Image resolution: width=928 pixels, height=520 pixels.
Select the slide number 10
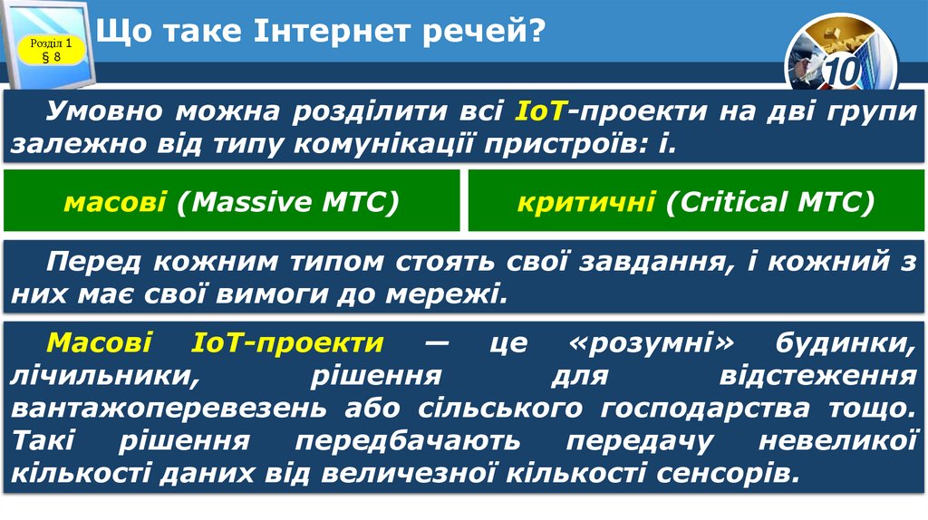coord(841,72)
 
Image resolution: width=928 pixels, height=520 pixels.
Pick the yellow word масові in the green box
coord(114,202)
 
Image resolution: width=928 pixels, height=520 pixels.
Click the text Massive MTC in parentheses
coord(288,202)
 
